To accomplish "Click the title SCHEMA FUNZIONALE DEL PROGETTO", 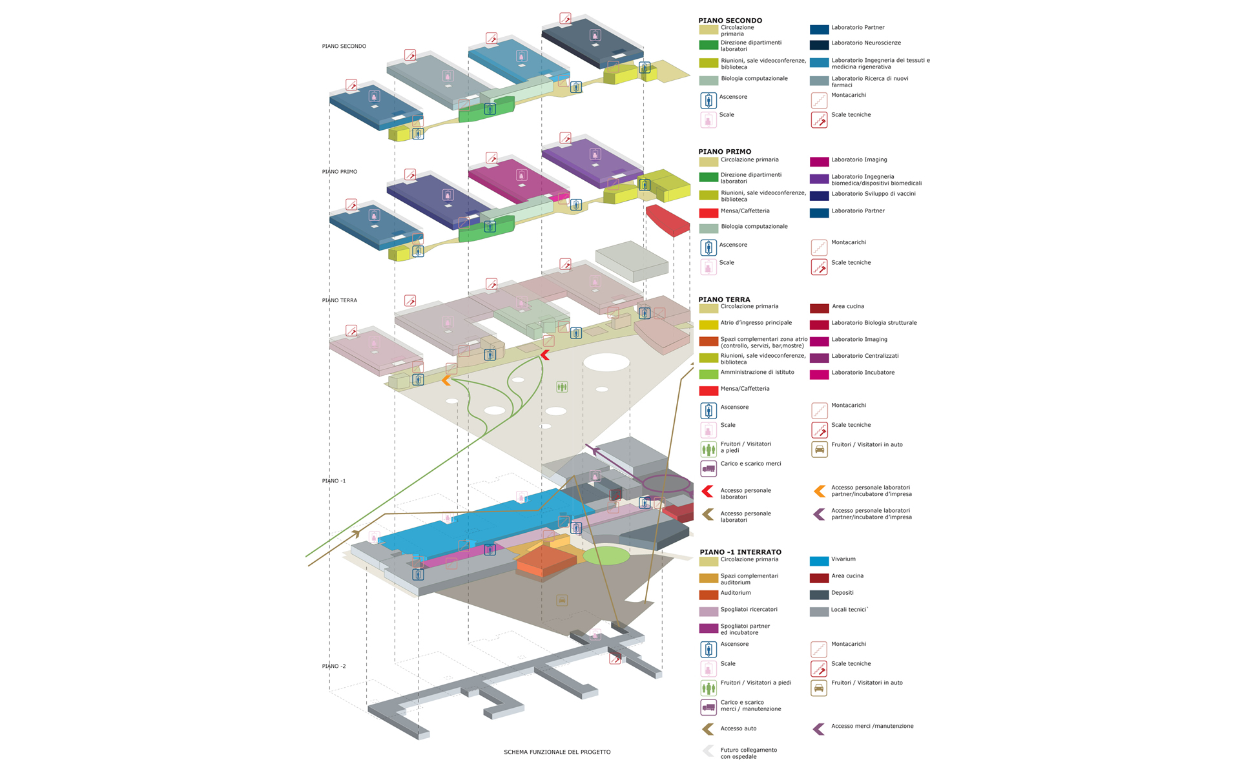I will (x=557, y=752).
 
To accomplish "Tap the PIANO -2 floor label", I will (x=334, y=666).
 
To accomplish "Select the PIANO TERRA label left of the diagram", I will (x=339, y=300).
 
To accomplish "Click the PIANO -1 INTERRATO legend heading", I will (x=740, y=552).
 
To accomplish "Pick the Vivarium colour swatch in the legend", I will (x=819, y=561).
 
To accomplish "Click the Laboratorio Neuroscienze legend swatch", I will (x=819, y=45).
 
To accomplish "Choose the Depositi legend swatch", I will (x=819, y=595).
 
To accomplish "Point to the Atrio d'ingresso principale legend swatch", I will (x=708, y=325).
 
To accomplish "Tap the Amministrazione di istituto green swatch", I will (x=708, y=374).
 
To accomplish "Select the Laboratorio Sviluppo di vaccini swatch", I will (x=819, y=196).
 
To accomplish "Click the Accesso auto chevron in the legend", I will (x=708, y=729).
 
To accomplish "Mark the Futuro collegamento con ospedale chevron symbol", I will (x=708, y=751).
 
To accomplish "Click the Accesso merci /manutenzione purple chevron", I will (x=818, y=729).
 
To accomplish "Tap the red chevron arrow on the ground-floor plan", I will (x=544, y=355).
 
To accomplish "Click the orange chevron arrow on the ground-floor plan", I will (x=446, y=381).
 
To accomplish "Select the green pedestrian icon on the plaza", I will (x=562, y=387).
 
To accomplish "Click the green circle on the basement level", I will (x=606, y=555).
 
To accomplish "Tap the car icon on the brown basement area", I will (x=562, y=601).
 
